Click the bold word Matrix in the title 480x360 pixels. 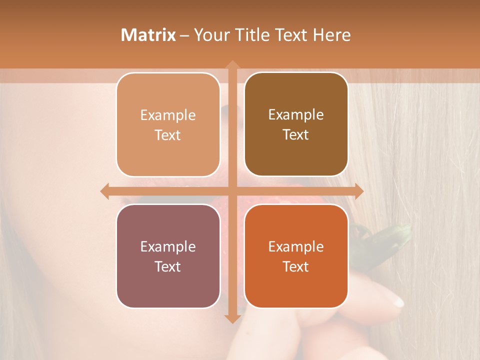pyautogui.click(x=148, y=35)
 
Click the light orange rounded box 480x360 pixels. pyautogui.click(x=168, y=124)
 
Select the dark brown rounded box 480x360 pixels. pyautogui.click(x=296, y=124)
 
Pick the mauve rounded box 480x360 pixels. pyautogui.click(x=168, y=256)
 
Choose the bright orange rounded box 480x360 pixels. pyautogui.click(x=296, y=256)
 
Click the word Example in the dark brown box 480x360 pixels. pyautogui.click(x=296, y=115)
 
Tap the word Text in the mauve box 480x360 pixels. pyautogui.click(x=168, y=266)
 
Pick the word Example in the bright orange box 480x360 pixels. pyautogui.click(x=296, y=246)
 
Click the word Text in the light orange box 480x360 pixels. pyautogui.click(x=168, y=135)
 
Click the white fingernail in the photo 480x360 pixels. pyautogui.click(x=397, y=301)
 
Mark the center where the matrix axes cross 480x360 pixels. pyautogui.click(x=232, y=191)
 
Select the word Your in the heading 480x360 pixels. pyautogui.click(x=207, y=35)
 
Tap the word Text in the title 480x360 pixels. pyautogui.click(x=290, y=35)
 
